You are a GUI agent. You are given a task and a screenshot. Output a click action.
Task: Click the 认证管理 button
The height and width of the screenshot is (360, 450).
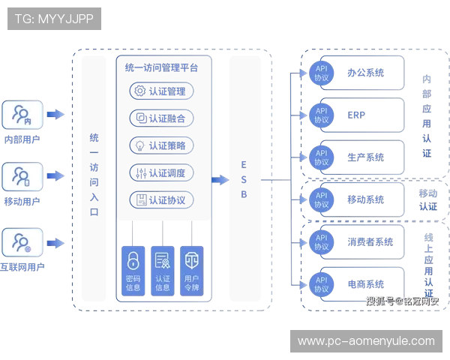coord(162,91)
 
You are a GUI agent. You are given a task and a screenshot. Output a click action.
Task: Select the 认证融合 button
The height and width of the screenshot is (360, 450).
coord(162,118)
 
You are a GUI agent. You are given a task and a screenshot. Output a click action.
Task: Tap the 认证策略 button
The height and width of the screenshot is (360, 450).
coord(162,145)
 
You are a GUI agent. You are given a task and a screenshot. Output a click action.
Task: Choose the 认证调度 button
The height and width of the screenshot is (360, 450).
coord(162,173)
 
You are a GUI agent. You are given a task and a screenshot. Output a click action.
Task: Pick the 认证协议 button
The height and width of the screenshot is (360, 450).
coord(162,200)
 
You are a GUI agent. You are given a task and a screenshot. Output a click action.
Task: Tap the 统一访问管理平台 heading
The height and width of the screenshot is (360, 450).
coord(162,67)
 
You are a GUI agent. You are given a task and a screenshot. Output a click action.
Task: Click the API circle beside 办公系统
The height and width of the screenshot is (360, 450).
coord(321,73)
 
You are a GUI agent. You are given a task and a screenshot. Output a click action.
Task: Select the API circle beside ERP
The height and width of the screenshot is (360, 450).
coord(321,115)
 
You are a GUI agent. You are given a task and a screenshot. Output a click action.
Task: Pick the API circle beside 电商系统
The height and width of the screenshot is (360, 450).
coord(321,283)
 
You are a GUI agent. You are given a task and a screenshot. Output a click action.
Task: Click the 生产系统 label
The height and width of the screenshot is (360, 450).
coord(365,157)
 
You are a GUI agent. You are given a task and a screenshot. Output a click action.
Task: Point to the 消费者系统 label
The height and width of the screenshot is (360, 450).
coord(370,241)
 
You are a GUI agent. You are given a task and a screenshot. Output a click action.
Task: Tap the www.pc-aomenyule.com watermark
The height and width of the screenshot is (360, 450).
coord(366,341)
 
